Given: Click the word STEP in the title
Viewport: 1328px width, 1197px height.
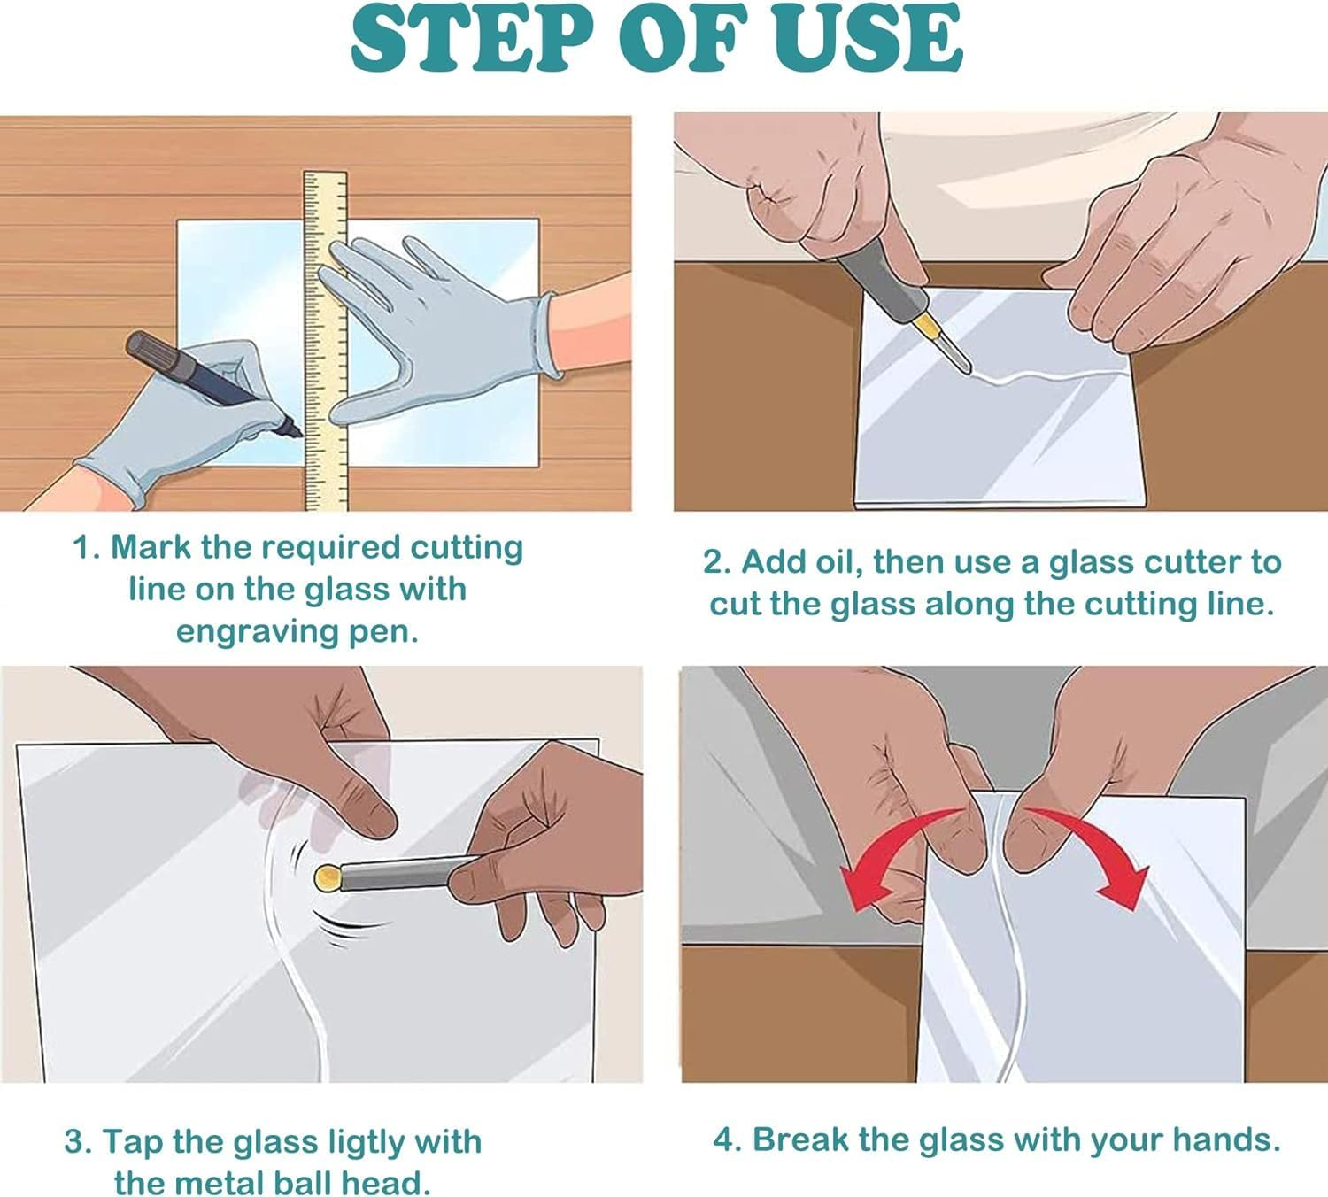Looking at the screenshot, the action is tap(471, 39).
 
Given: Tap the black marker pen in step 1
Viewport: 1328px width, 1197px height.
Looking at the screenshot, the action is tap(213, 383).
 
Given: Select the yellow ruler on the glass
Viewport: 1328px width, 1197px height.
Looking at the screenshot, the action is tap(325, 340).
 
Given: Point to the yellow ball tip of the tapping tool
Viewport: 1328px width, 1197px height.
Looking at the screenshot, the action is tap(328, 878).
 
